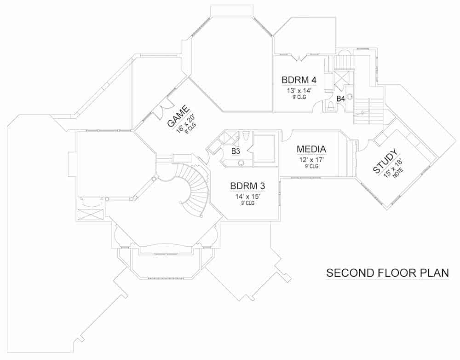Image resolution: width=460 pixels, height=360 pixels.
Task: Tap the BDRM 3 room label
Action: point(247,186)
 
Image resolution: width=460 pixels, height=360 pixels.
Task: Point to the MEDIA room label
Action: point(311,149)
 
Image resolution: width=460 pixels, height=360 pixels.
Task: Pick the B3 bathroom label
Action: point(236,151)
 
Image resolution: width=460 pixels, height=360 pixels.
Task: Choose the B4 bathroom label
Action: point(341,98)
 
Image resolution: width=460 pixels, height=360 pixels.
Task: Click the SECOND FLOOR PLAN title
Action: point(387,273)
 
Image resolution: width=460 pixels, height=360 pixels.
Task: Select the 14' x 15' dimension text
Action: point(247,196)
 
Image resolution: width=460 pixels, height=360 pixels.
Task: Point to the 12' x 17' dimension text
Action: point(311,159)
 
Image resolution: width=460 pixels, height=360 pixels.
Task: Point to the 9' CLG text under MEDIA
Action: point(311,166)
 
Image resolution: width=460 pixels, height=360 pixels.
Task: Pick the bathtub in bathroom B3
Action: point(264,148)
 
